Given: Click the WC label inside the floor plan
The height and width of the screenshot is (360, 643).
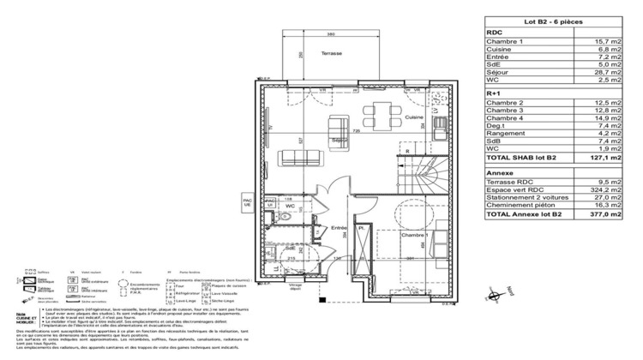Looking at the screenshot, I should click(290, 207).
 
